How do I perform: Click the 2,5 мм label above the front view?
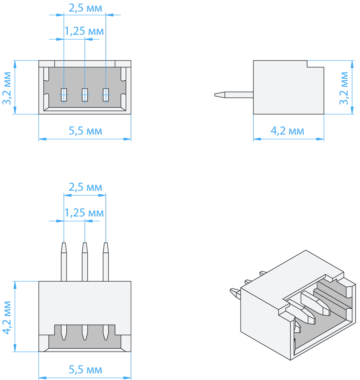click(x=85, y=8)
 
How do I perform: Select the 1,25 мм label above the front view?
click(x=84, y=31)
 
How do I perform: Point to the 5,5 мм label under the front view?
click(x=85, y=131)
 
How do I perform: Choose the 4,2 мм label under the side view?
click(x=287, y=131)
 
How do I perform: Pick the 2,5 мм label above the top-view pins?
click(x=85, y=187)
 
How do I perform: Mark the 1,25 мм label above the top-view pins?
click(x=84, y=213)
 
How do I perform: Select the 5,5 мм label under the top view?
click(x=85, y=370)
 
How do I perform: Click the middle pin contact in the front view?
click(x=85, y=95)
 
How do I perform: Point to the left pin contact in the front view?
click(x=64, y=95)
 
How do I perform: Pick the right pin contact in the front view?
click(x=106, y=95)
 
